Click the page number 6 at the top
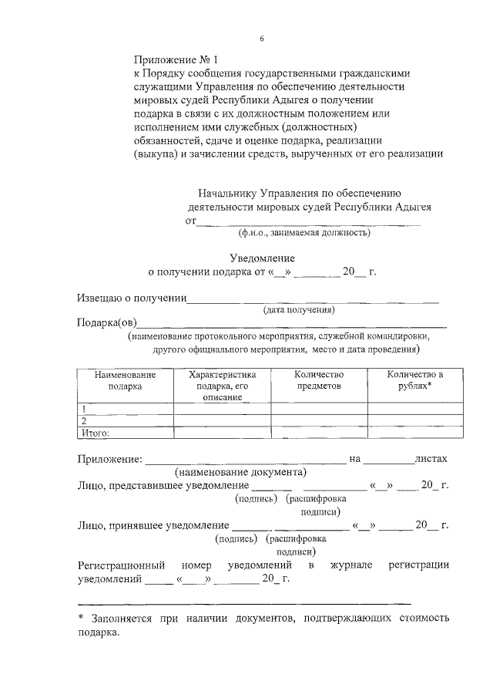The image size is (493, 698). (261, 38)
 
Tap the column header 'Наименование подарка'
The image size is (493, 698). (125, 380)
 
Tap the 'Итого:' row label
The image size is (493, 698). (96, 433)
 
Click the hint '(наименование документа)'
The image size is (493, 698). (240, 471)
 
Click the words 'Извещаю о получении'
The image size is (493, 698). (132, 298)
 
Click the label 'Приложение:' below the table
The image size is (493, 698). (109, 459)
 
